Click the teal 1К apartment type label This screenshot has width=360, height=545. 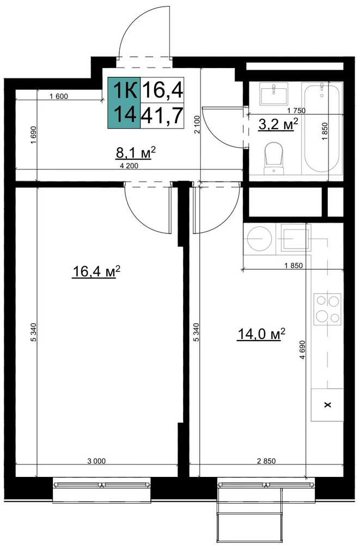[124, 90]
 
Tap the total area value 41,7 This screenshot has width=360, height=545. [162, 116]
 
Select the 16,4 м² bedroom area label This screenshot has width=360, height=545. [96, 271]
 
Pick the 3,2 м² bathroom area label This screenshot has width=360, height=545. [278, 124]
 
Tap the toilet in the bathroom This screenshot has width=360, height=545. [274, 158]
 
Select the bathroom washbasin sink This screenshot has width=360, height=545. [274, 94]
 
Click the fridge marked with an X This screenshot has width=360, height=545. [327, 405]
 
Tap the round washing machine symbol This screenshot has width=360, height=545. [259, 239]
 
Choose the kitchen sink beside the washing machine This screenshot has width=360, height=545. [296, 238]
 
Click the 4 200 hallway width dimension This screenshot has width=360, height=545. [129, 166]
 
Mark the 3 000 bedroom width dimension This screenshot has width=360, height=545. [96, 461]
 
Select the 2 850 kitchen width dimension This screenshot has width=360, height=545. [266, 461]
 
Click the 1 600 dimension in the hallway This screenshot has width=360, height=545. [59, 96]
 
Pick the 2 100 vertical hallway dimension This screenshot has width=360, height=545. [197, 124]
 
